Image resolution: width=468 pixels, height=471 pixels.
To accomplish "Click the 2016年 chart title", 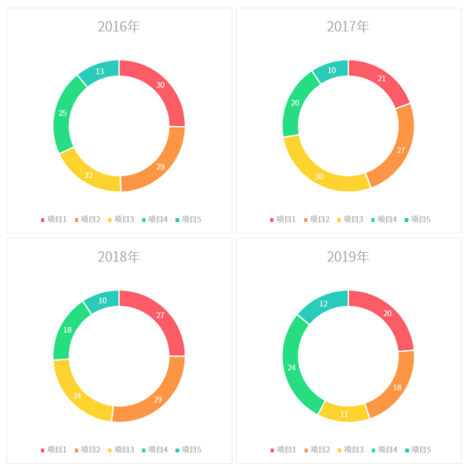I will tap(119, 27).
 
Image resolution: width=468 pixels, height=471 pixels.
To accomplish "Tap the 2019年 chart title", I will tap(348, 257).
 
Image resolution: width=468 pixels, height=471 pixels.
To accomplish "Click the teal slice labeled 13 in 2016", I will tap(99, 71).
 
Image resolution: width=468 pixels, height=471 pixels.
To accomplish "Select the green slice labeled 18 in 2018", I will tap(68, 329).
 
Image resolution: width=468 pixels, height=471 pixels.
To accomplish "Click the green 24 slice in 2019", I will tap(292, 367).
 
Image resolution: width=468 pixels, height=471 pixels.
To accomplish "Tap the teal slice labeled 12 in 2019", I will tap(323, 304).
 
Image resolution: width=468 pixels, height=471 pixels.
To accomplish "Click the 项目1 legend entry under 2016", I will tap(54, 219).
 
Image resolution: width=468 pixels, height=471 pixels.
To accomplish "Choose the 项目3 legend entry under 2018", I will tap(121, 449).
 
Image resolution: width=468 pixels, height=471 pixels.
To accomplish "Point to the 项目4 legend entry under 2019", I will tap(384, 449).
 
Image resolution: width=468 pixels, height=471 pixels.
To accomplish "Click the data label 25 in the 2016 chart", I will tap(63, 113).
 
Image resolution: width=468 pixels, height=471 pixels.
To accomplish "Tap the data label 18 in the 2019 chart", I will tap(396, 388).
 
